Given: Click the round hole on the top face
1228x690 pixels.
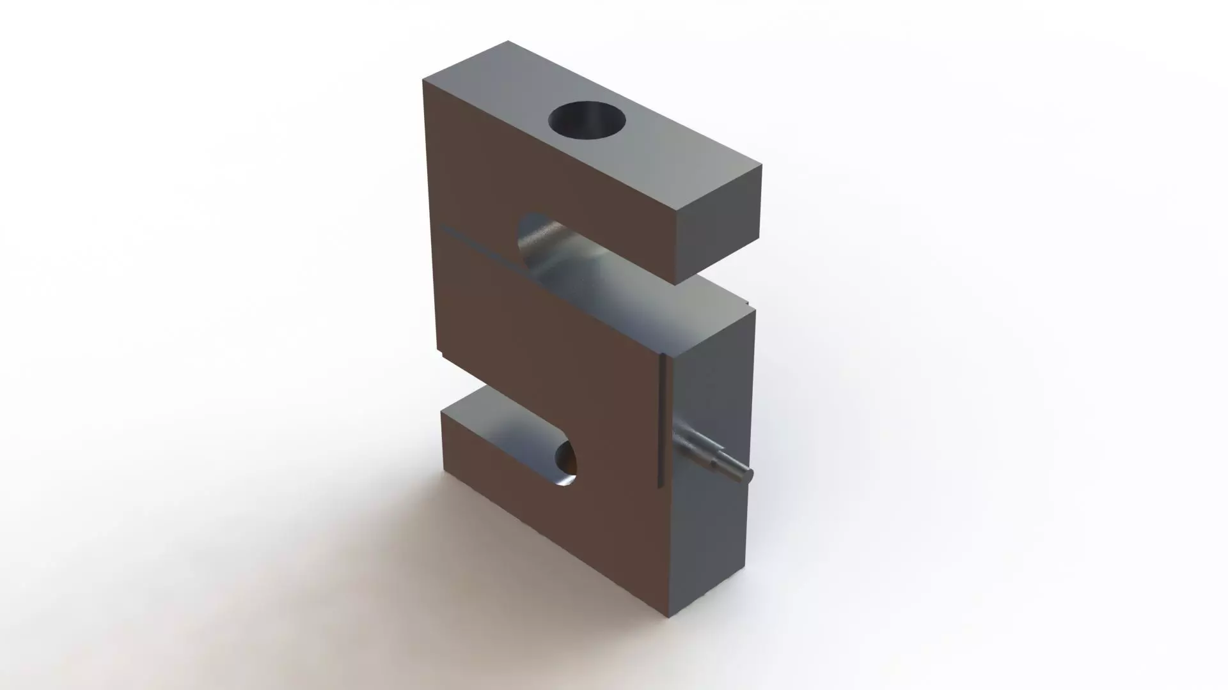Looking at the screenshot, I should [x=587, y=120].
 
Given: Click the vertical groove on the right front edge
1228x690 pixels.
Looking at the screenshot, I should [x=662, y=422].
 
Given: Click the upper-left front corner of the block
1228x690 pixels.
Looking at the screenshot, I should [x=423, y=81].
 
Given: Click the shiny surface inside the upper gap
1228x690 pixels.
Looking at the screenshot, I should [x=576, y=268].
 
